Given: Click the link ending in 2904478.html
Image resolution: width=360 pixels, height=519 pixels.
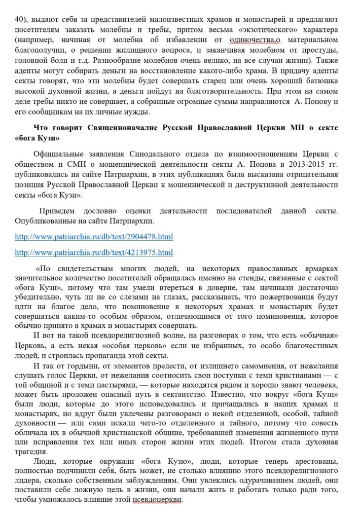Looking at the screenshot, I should point(94,236).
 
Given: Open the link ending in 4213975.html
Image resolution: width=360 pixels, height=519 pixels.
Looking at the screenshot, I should point(94,252).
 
